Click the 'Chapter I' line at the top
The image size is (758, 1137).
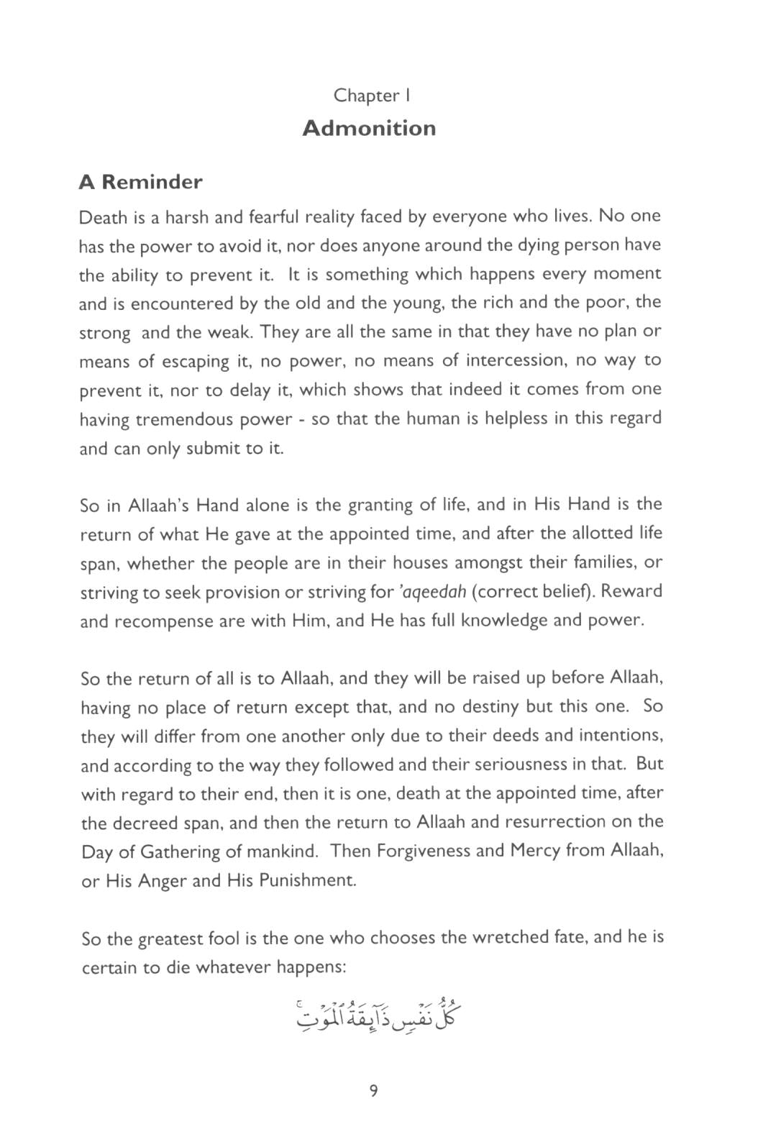coord(371,96)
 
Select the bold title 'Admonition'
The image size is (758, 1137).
coord(369,128)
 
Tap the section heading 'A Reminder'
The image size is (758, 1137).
coord(141,182)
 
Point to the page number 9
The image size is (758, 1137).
coord(373,1091)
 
